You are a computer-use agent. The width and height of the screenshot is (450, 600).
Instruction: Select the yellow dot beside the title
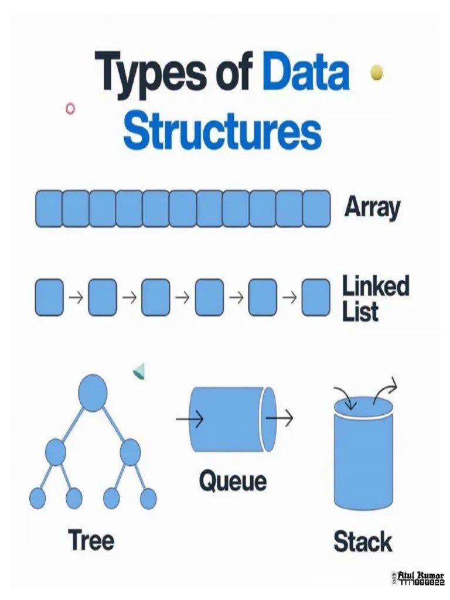tap(377, 72)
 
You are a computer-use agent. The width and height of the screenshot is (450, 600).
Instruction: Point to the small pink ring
tap(71, 108)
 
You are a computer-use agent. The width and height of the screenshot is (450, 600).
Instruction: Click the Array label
tap(372, 207)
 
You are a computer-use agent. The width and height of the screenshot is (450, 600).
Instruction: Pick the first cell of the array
tap(49, 209)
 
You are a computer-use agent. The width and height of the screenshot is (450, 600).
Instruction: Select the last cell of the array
tap(316, 209)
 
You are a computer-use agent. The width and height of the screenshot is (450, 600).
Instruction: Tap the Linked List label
tap(376, 299)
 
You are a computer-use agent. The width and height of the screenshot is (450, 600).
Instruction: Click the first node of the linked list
tap(49, 298)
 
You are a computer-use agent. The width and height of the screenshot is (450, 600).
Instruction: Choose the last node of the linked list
tap(316, 298)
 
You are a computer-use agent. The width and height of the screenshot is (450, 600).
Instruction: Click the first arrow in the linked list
tap(76, 298)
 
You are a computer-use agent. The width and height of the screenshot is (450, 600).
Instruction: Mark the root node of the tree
tap(93, 393)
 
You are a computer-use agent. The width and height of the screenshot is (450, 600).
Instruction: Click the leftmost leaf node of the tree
tap(37, 498)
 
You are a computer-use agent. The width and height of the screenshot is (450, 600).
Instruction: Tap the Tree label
tap(91, 540)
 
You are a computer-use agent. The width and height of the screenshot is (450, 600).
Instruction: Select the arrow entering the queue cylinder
tap(189, 419)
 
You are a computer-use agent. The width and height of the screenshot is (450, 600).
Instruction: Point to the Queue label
tap(233, 481)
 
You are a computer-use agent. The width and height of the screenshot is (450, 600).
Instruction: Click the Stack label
tap(363, 541)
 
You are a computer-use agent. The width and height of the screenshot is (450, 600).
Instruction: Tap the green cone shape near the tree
tap(139, 371)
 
